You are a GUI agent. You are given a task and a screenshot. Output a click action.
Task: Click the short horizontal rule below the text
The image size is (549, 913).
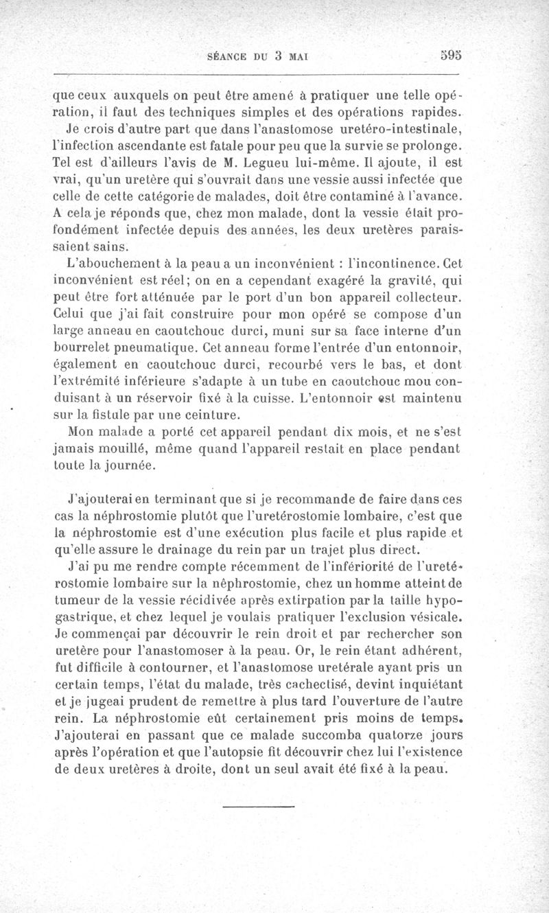(x=258, y=805)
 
